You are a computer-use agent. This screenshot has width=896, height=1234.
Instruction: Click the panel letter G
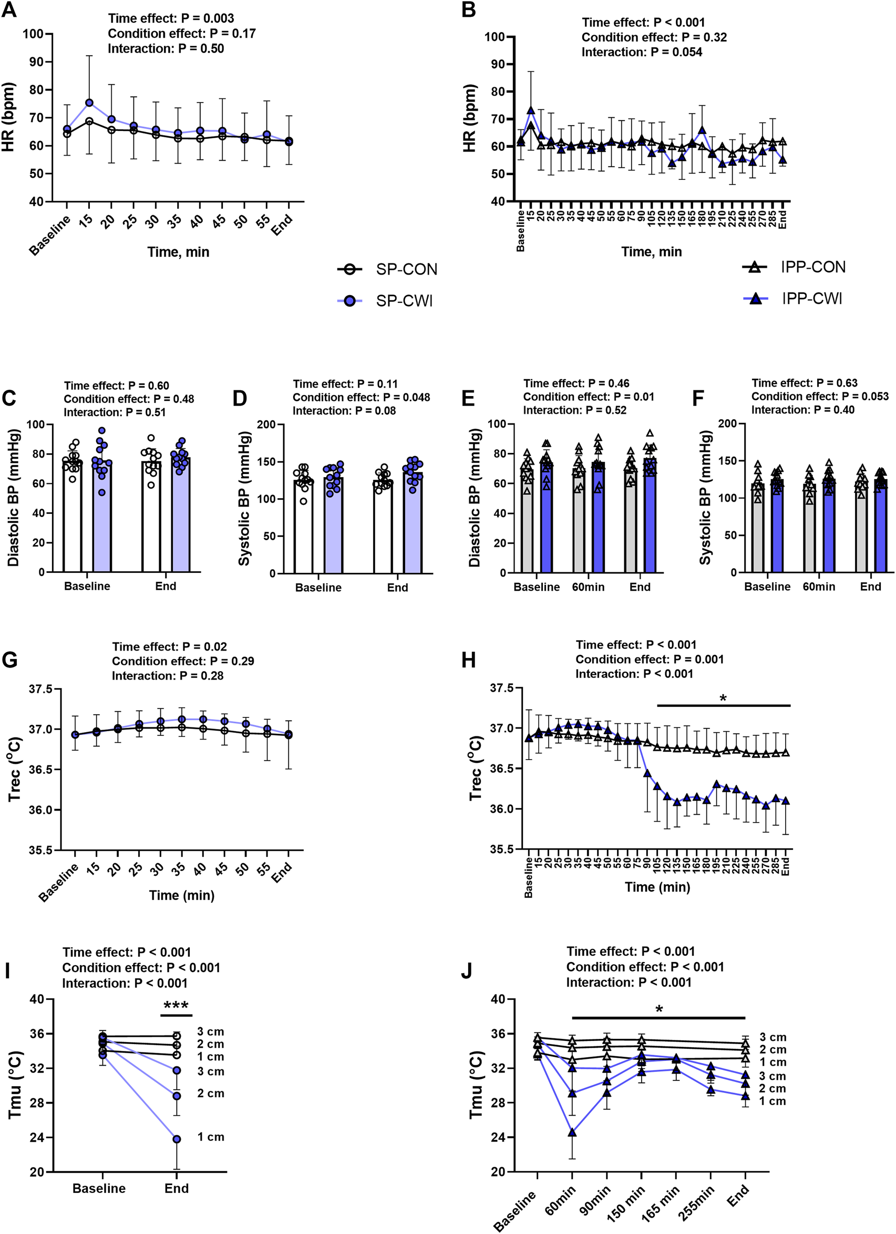click(10, 660)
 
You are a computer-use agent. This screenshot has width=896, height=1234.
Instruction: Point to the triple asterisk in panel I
click(176, 1006)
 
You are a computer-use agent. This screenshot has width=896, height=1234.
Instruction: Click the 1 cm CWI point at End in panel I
click(177, 1139)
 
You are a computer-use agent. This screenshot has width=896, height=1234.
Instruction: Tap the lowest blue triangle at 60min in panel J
click(572, 1132)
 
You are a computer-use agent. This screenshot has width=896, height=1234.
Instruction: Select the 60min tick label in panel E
click(588, 587)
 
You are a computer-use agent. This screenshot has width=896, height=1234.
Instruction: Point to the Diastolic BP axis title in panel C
click(14, 498)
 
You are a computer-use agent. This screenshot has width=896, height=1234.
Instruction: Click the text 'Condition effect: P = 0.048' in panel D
click(361, 397)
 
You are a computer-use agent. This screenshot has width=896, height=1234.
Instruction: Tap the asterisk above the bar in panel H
click(723, 698)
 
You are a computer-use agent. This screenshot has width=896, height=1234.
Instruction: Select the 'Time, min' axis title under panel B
click(651, 251)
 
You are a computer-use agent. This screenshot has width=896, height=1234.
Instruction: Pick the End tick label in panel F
click(870, 586)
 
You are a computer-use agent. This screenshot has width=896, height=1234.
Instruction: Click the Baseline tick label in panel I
click(99, 1188)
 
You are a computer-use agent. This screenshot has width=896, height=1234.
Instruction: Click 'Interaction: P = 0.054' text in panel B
click(642, 52)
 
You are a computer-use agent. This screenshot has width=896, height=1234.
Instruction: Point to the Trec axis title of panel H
click(475, 768)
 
